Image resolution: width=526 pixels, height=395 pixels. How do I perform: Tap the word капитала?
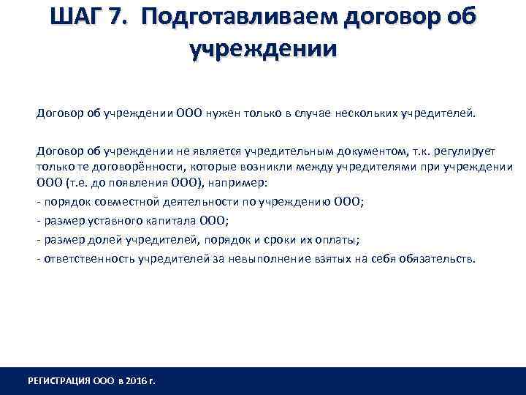[159, 220]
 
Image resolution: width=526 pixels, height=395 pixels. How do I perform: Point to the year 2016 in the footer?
[137, 382]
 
